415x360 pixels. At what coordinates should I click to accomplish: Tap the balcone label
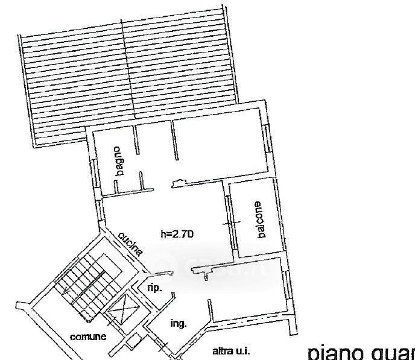260,219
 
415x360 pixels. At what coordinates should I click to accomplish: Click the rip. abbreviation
154,288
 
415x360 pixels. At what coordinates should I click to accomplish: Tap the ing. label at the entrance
178,323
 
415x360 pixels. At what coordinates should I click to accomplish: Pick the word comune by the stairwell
88,337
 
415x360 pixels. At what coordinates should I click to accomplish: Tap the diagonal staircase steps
84,284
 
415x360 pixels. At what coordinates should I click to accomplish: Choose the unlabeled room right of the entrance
247,289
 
